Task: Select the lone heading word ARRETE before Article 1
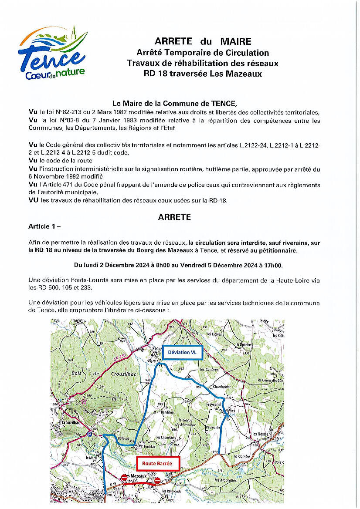174,217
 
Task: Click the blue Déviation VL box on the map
183,352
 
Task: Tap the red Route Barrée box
157,463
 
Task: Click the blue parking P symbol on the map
89,434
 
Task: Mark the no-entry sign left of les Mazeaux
124,478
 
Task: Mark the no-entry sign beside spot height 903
157,481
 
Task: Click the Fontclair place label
150,447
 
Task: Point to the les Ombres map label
209,370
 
